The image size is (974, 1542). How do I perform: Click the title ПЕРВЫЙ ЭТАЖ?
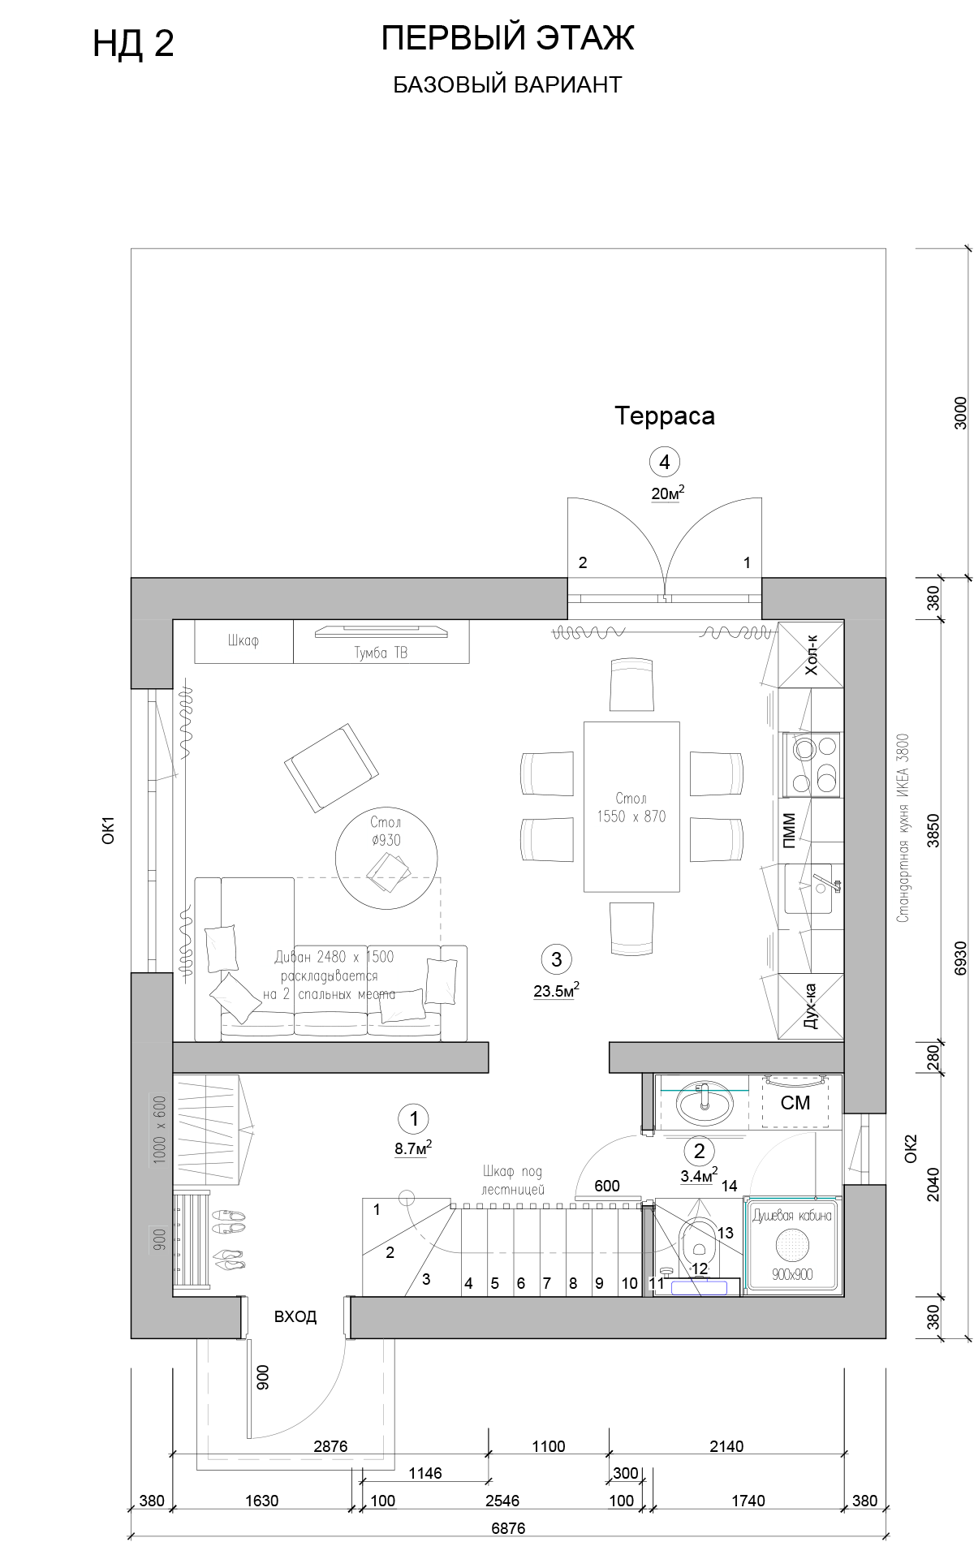[x=507, y=38]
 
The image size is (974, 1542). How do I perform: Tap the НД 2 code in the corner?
[x=133, y=44]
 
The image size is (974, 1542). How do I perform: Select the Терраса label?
[x=665, y=416]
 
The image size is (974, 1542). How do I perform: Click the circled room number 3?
[x=556, y=958]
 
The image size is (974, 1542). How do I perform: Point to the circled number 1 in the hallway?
[x=414, y=1119]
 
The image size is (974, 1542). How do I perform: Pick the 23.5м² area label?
[x=556, y=990]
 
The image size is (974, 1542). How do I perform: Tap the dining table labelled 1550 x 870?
[x=631, y=807]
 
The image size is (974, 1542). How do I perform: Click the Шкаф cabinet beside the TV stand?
[x=243, y=642]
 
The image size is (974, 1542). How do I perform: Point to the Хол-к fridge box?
[x=811, y=655]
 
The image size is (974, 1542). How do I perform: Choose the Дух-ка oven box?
[x=811, y=1006]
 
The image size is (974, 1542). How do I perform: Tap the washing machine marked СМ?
[x=795, y=1102]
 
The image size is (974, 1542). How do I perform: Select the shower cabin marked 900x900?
[x=793, y=1243]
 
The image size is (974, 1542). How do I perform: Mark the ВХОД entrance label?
[x=295, y=1316]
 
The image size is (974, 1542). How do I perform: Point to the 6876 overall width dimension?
[x=508, y=1528]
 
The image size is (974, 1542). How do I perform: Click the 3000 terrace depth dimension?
[x=961, y=412]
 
